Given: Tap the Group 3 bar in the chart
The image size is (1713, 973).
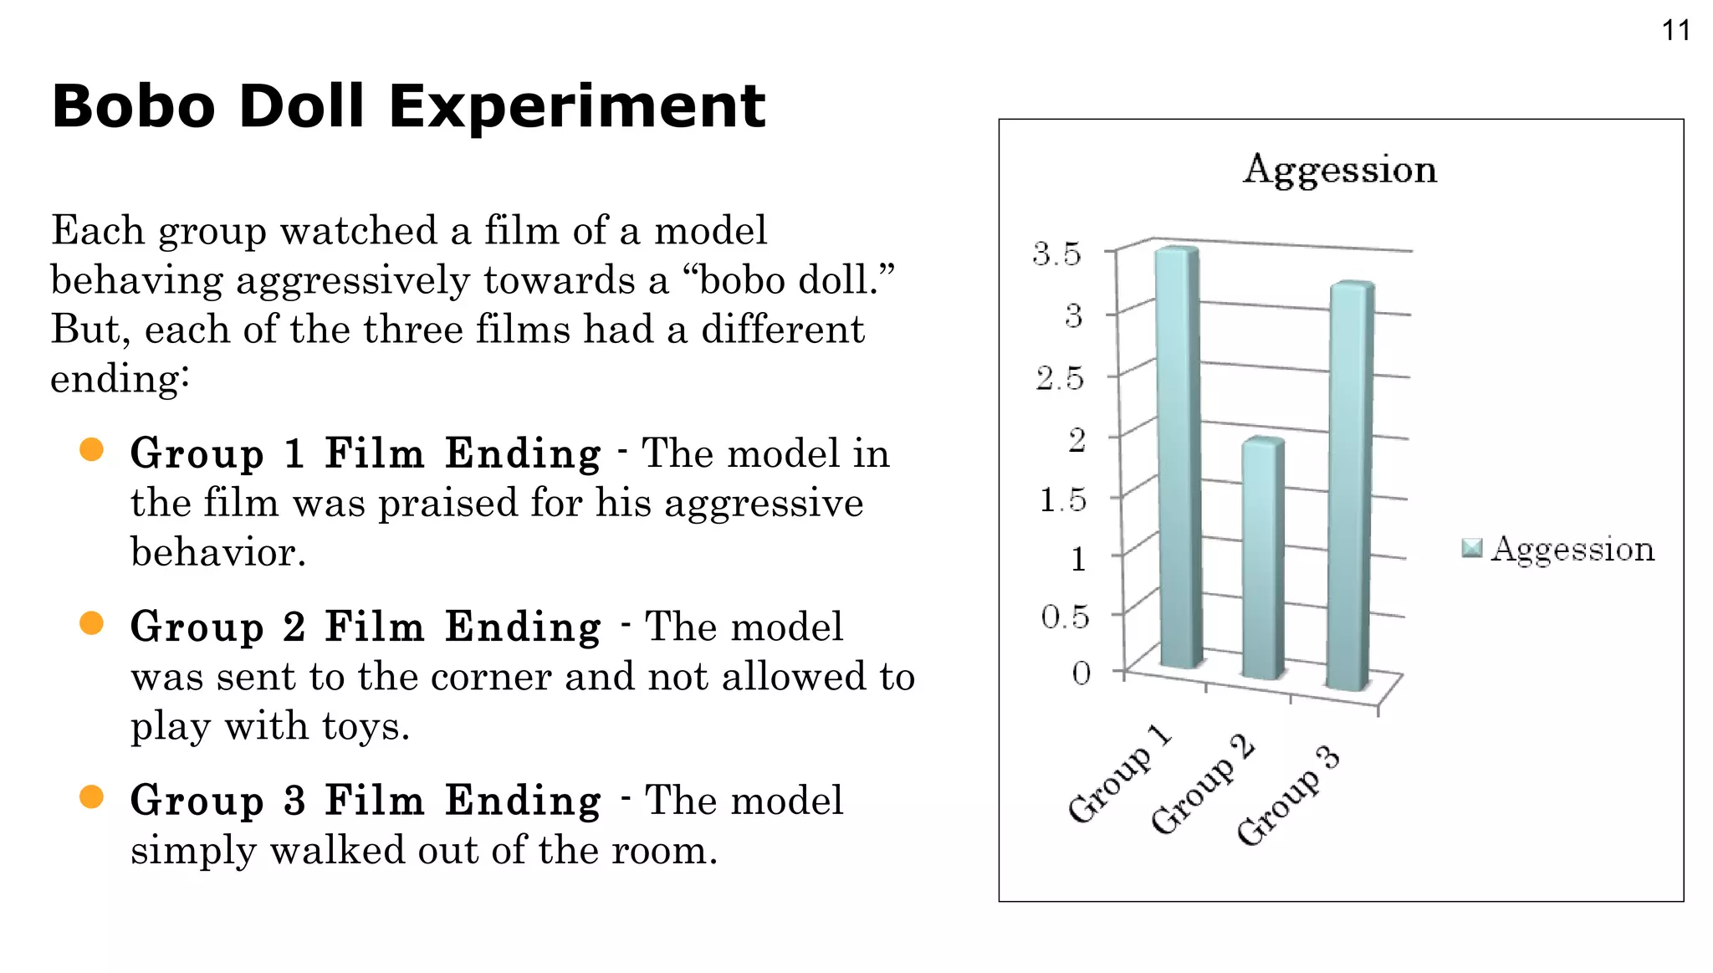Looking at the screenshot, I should tap(1350, 485).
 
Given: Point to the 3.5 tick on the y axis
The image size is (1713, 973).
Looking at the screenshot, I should tap(1056, 253).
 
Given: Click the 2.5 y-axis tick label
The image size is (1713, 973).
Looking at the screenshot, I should tap(1059, 379).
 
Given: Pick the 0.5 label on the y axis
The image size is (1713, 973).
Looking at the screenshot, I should tap(1064, 617).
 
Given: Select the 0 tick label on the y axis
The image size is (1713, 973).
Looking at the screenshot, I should tap(1081, 673).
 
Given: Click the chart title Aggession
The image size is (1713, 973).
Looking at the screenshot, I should tap(1340, 170).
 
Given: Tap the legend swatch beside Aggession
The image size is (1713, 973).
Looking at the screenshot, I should tap(1471, 549).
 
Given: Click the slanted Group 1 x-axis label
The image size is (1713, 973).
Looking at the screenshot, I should tap(1119, 775).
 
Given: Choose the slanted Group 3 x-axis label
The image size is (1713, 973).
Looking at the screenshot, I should tap(1288, 796).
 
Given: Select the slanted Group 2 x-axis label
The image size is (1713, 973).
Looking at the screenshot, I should tap(1203, 785).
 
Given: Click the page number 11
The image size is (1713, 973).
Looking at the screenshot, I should tap(1675, 31).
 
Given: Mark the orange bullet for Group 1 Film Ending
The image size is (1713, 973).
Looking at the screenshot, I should tap(91, 450).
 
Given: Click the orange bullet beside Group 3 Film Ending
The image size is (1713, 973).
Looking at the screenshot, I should tap(91, 796).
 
